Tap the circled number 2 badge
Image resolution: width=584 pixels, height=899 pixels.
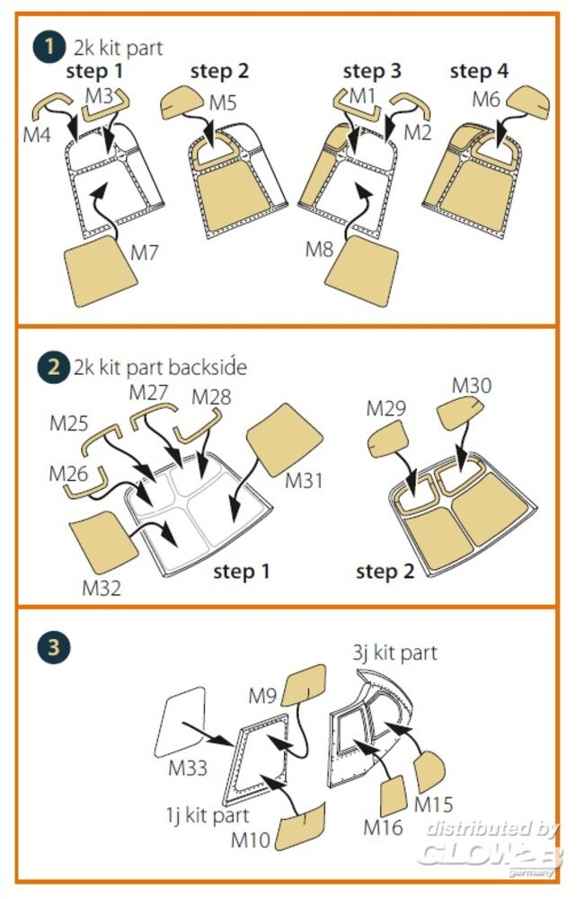(52, 367)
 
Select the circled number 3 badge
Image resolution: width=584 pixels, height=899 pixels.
(53, 647)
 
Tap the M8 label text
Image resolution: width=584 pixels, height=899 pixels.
(319, 249)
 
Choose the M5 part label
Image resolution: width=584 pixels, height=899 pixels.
(223, 102)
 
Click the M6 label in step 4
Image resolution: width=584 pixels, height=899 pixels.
(486, 101)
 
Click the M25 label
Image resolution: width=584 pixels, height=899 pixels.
(70, 423)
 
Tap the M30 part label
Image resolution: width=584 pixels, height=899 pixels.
(471, 386)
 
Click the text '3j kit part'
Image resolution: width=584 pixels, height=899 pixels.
(394, 652)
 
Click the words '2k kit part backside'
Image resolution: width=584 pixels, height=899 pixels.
(159, 367)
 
